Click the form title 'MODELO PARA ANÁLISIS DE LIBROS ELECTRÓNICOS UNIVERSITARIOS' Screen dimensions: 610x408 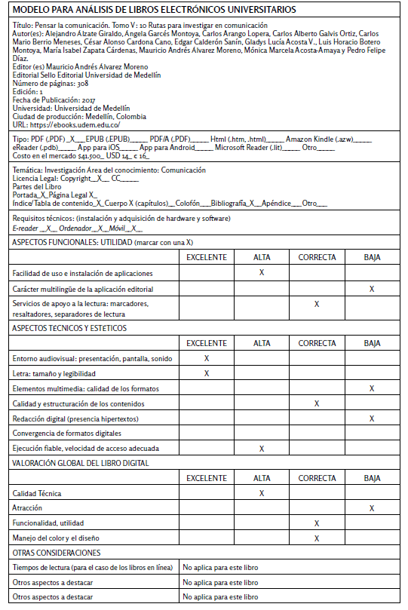coord(155,10)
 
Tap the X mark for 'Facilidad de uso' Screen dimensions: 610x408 coord(261,272)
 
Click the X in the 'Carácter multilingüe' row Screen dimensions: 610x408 coord(371,289)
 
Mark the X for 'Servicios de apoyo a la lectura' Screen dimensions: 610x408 coord(317,304)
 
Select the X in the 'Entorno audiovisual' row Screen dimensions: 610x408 coord(207,358)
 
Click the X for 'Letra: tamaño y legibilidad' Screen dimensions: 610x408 coord(207,373)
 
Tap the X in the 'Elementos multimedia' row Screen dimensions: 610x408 coord(371,388)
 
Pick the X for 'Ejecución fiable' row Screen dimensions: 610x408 coord(261,448)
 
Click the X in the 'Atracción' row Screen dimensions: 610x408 coord(371,508)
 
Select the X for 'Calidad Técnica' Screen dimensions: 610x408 coord(261,493)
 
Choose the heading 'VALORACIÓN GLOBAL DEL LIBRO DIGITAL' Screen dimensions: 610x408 coord(81,463)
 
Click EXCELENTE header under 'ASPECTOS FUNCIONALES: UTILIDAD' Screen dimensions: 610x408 coord(207,257)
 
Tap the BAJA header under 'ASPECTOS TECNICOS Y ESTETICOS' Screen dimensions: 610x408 coord(371,343)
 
